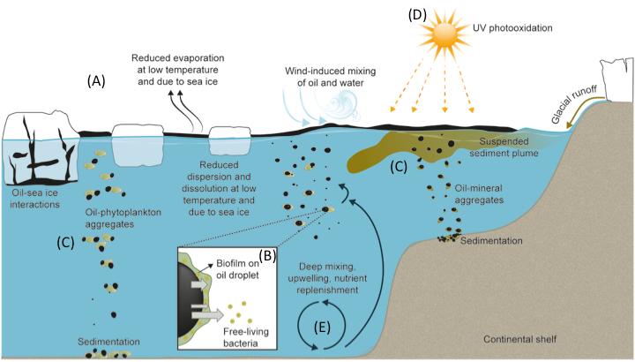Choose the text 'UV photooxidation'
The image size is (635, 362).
523,28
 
